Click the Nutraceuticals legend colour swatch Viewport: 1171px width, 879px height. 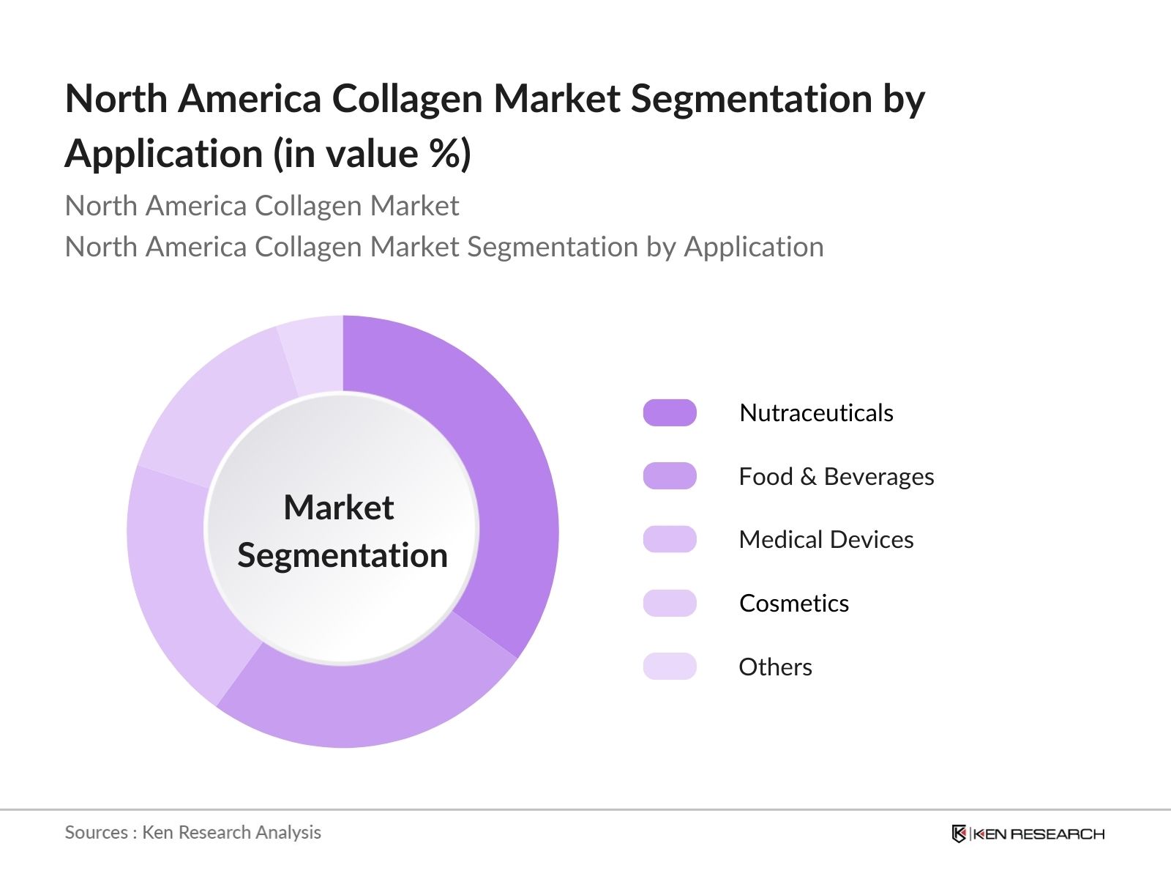(670, 413)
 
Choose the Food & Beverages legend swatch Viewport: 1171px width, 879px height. (670, 476)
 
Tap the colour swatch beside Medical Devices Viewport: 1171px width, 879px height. (670, 540)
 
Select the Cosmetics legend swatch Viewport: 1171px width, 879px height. (670, 604)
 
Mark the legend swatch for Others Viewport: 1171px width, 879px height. (670, 667)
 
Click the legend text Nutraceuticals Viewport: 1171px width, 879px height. (816, 413)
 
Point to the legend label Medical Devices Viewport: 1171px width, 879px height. (826, 540)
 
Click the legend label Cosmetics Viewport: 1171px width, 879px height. (794, 604)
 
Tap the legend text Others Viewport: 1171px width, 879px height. (775, 667)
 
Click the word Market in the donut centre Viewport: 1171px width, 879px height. (339, 508)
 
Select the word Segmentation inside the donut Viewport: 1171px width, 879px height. (343, 555)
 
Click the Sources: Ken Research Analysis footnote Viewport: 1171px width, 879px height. (193, 832)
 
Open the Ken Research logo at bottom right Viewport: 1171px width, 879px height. (1028, 834)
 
